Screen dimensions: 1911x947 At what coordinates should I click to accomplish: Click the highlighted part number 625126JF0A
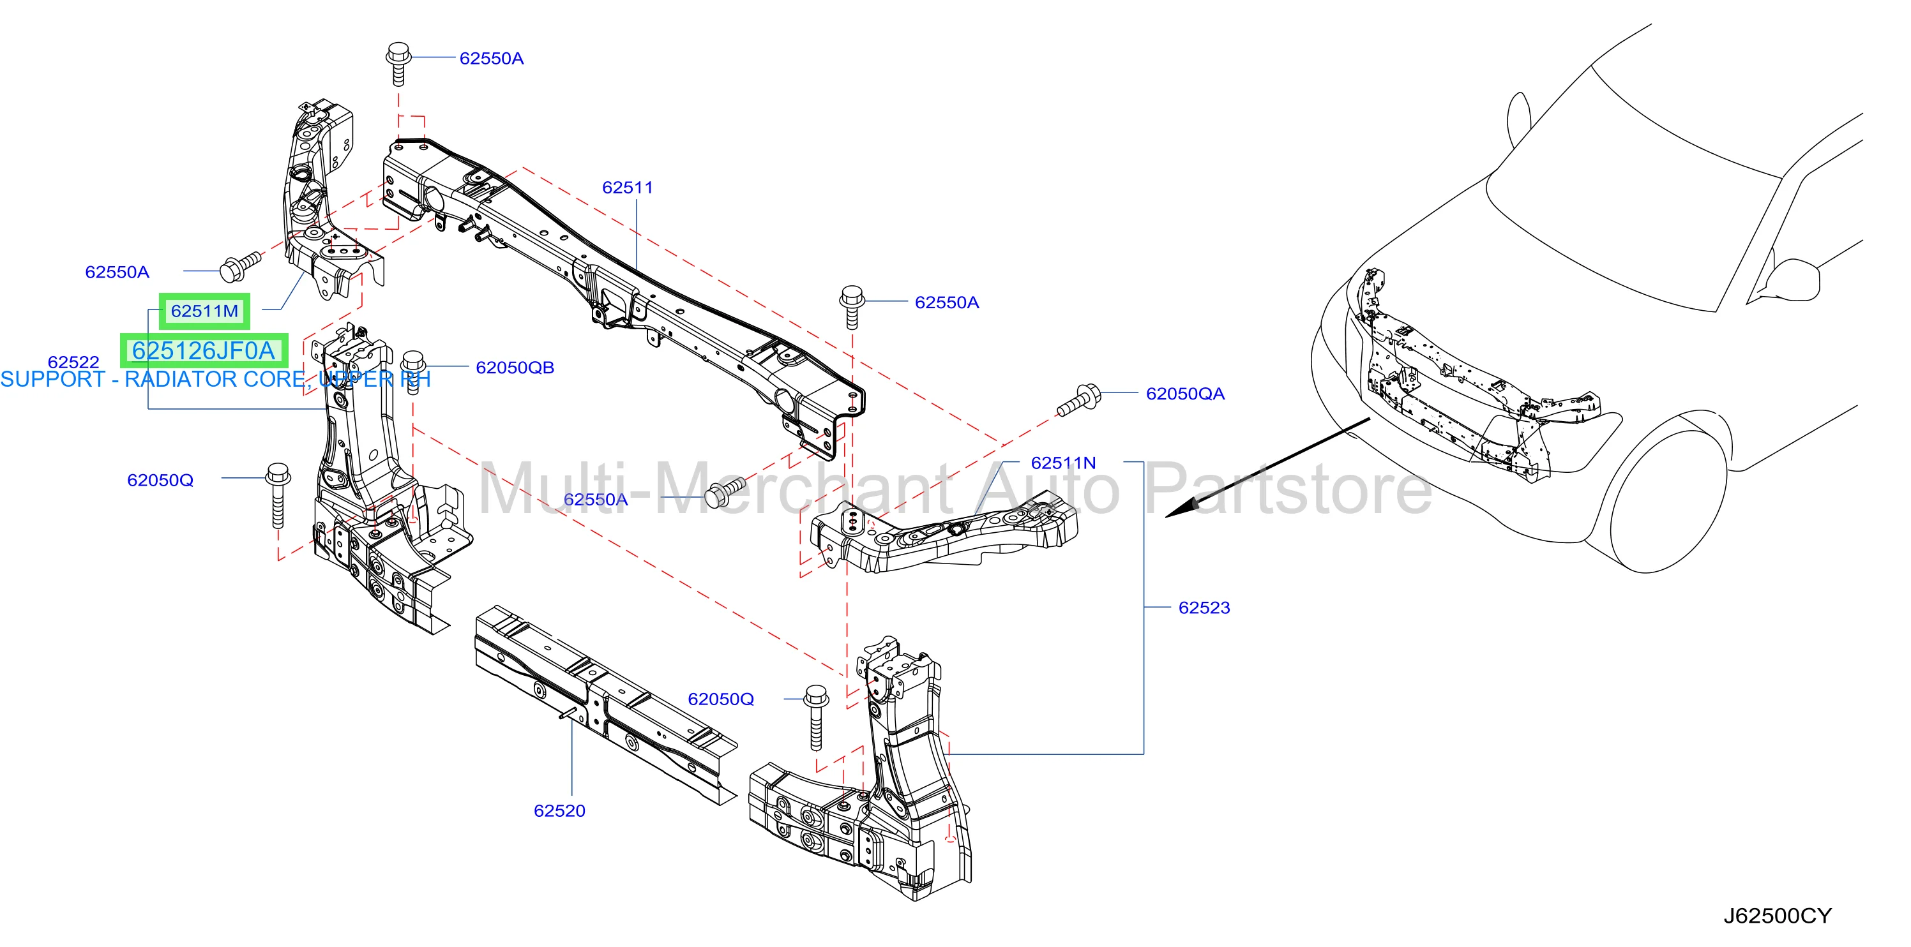tap(204, 351)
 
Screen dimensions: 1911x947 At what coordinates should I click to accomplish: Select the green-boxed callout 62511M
tap(205, 311)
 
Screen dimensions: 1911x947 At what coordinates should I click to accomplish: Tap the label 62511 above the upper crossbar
tap(628, 188)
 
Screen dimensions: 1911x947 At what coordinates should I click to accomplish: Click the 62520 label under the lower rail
tap(559, 810)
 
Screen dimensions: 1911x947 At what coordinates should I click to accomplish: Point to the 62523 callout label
tap(1204, 608)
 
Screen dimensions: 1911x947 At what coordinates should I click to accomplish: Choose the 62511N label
tap(1063, 463)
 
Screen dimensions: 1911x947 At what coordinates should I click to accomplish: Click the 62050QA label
tap(1185, 394)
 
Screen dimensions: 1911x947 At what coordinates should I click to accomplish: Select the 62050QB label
tap(515, 368)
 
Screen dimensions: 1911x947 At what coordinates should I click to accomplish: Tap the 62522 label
tap(73, 362)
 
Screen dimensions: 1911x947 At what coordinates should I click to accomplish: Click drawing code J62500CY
tap(1777, 916)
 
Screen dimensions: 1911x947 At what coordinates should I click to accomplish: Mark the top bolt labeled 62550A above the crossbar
tap(399, 64)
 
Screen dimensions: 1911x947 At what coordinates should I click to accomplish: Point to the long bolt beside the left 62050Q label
tap(278, 495)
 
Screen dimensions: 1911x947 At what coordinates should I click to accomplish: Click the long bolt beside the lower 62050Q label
tap(816, 717)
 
